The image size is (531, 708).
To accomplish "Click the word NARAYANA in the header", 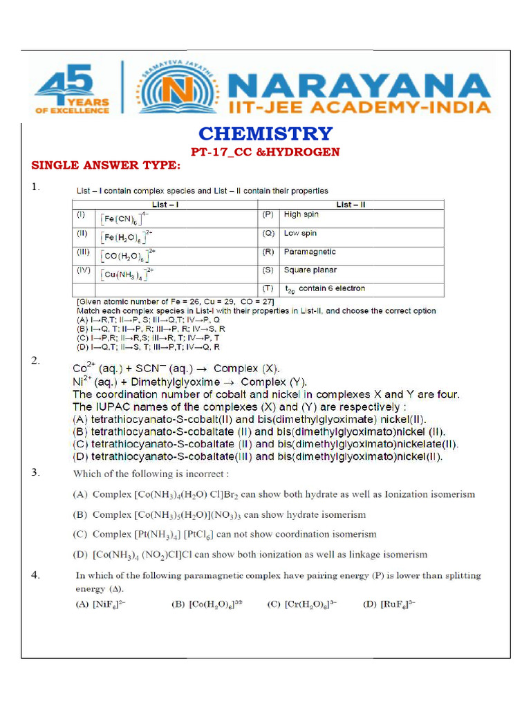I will [x=360, y=86].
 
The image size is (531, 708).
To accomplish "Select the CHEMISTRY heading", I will [x=265, y=133].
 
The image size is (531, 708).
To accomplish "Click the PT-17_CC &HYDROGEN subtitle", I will [x=265, y=152].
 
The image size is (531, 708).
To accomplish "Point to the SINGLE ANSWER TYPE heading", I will [x=106, y=165].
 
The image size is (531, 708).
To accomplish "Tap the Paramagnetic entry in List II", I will [x=310, y=252].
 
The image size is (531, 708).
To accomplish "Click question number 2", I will [x=35, y=361].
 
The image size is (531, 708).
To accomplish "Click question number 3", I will [x=35, y=473].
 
